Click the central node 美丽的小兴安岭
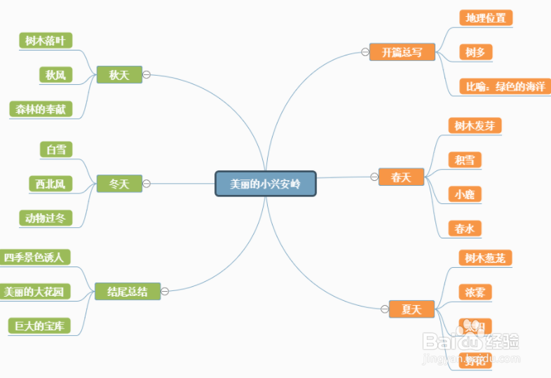click(x=266, y=184)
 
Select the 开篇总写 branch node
click(x=402, y=52)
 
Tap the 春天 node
click(x=401, y=177)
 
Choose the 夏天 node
click(x=411, y=309)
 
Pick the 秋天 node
click(x=119, y=74)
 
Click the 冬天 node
click(x=119, y=184)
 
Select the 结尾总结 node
click(x=128, y=291)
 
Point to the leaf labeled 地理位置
click(x=486, y=18)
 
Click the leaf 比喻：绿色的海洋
click(x=505, y=86)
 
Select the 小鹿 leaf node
click(x=464, y=194)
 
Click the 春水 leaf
click(x=464, y=229)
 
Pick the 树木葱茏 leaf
click(x=485, y=258)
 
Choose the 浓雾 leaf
click(x=475, y=292)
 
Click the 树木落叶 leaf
click(x=45, y=41)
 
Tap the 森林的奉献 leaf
click(x=41, y=109)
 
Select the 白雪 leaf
click(x=55, y=149)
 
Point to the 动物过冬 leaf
click(x=45, y=218)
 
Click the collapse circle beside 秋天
click(x=147, y=74)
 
